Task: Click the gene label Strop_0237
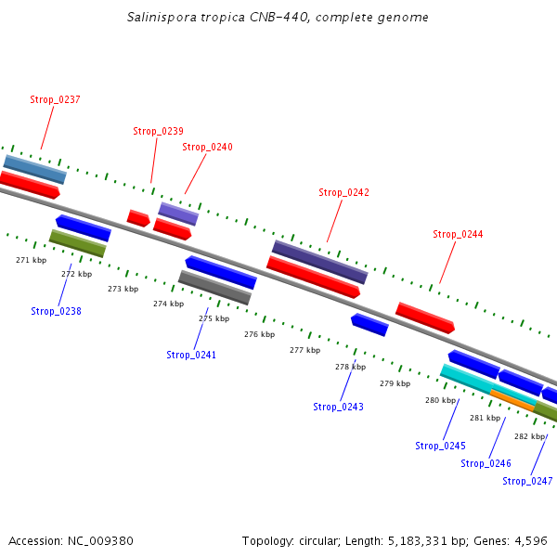coord(55,99)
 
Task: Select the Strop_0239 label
coord(158,131)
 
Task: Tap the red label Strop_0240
coord(207,147)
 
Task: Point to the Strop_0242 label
coord(343,192)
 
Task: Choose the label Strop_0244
coord(458,234)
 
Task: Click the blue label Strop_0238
coord(56,311)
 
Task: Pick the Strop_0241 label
coord(191,355)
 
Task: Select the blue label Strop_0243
coord(338,407)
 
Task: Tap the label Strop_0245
coord(440,446)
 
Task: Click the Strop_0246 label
coord(486,463)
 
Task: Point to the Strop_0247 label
coord(527,481)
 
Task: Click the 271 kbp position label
coord(32,260)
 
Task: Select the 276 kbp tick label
coord(259,334)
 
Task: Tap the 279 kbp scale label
coord(395,383)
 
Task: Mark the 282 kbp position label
coord(529,436)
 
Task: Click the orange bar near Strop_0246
coord(512,400)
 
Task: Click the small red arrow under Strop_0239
coord(138,218)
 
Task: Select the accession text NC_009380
coord(71,540)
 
